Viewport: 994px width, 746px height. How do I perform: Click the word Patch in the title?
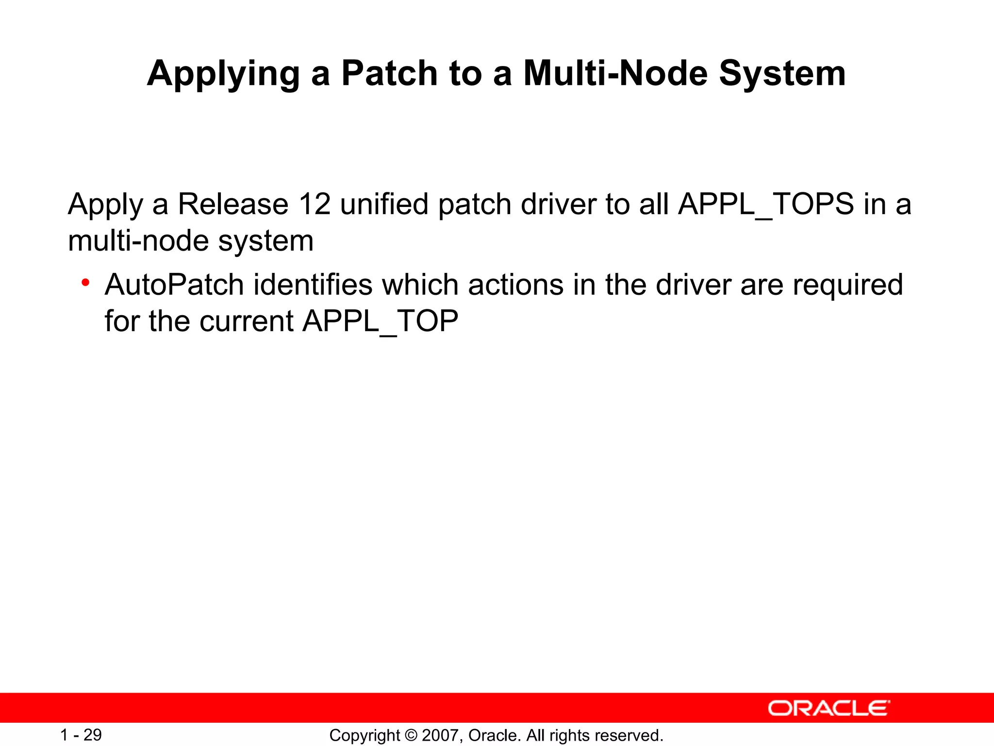click(x=389, y=73)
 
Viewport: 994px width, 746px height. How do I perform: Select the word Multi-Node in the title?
click(x=615, y=73)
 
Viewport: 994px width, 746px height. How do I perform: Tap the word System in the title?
click(x=782, y=73)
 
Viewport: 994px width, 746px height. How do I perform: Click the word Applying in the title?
click(x=223, y=74)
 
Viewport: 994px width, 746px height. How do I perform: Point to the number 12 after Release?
click(x=314, y=204)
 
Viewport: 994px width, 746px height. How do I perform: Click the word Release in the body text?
click(x=233, y=204)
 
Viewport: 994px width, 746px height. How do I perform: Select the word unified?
click(x=384, y=204)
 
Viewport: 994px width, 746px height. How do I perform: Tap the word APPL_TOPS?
click(x=766, y=204)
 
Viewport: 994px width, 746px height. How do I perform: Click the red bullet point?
click(x=85, y=283)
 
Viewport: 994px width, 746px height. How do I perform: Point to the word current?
click(x=246, y=322)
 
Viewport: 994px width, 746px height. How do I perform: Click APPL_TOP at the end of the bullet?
click(x=380, y=322)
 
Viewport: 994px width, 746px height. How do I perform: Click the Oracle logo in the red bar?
click(x=828, y=708)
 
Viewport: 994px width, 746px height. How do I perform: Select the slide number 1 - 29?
click(x=81, y=735)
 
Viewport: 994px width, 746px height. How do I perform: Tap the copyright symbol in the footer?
click(x=411, y=736)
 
